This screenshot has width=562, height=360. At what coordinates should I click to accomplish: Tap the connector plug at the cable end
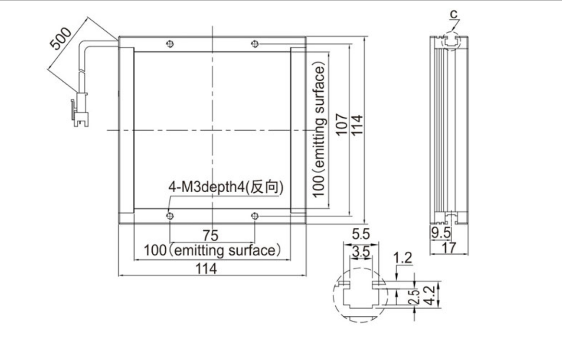tap(79, 112)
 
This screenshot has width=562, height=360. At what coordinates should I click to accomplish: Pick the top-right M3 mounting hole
tap(255, 44)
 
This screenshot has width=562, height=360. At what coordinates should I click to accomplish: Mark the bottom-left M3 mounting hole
tap(169, 216)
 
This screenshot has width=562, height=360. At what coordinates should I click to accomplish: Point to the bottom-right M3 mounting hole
tap(255, 216)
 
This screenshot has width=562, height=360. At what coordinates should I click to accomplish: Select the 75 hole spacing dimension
tap(210, 236)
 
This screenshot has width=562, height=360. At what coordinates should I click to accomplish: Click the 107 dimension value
tap(342, 125)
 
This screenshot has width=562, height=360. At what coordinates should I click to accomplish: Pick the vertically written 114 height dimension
tap(356, 125)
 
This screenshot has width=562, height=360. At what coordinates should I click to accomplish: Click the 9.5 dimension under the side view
tap(439, 234)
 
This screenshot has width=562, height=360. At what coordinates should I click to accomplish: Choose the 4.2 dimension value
tap(430, 294)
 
